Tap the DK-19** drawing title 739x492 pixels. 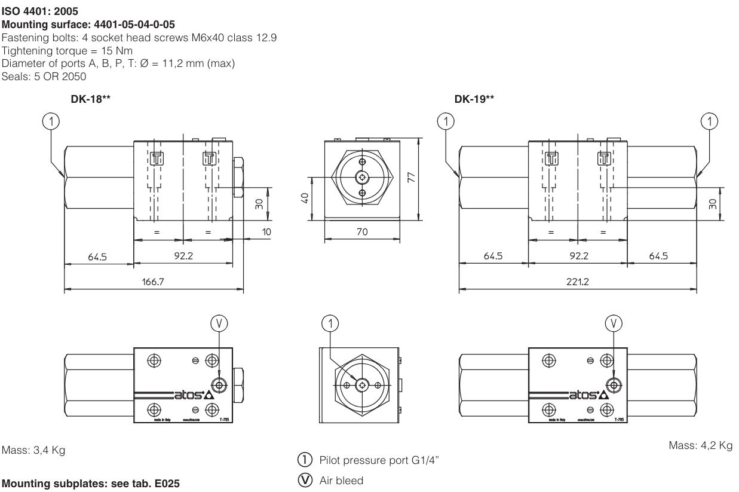point(474,100)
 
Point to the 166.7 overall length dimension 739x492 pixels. point(153,282)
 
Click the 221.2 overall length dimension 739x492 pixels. point(578,282)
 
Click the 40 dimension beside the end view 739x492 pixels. point(304,198)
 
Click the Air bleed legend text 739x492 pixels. point(342,480)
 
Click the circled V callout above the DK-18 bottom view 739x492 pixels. point(220,323)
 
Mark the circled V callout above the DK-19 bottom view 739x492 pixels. point(614,323)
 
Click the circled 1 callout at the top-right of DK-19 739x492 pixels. point(710,121)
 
